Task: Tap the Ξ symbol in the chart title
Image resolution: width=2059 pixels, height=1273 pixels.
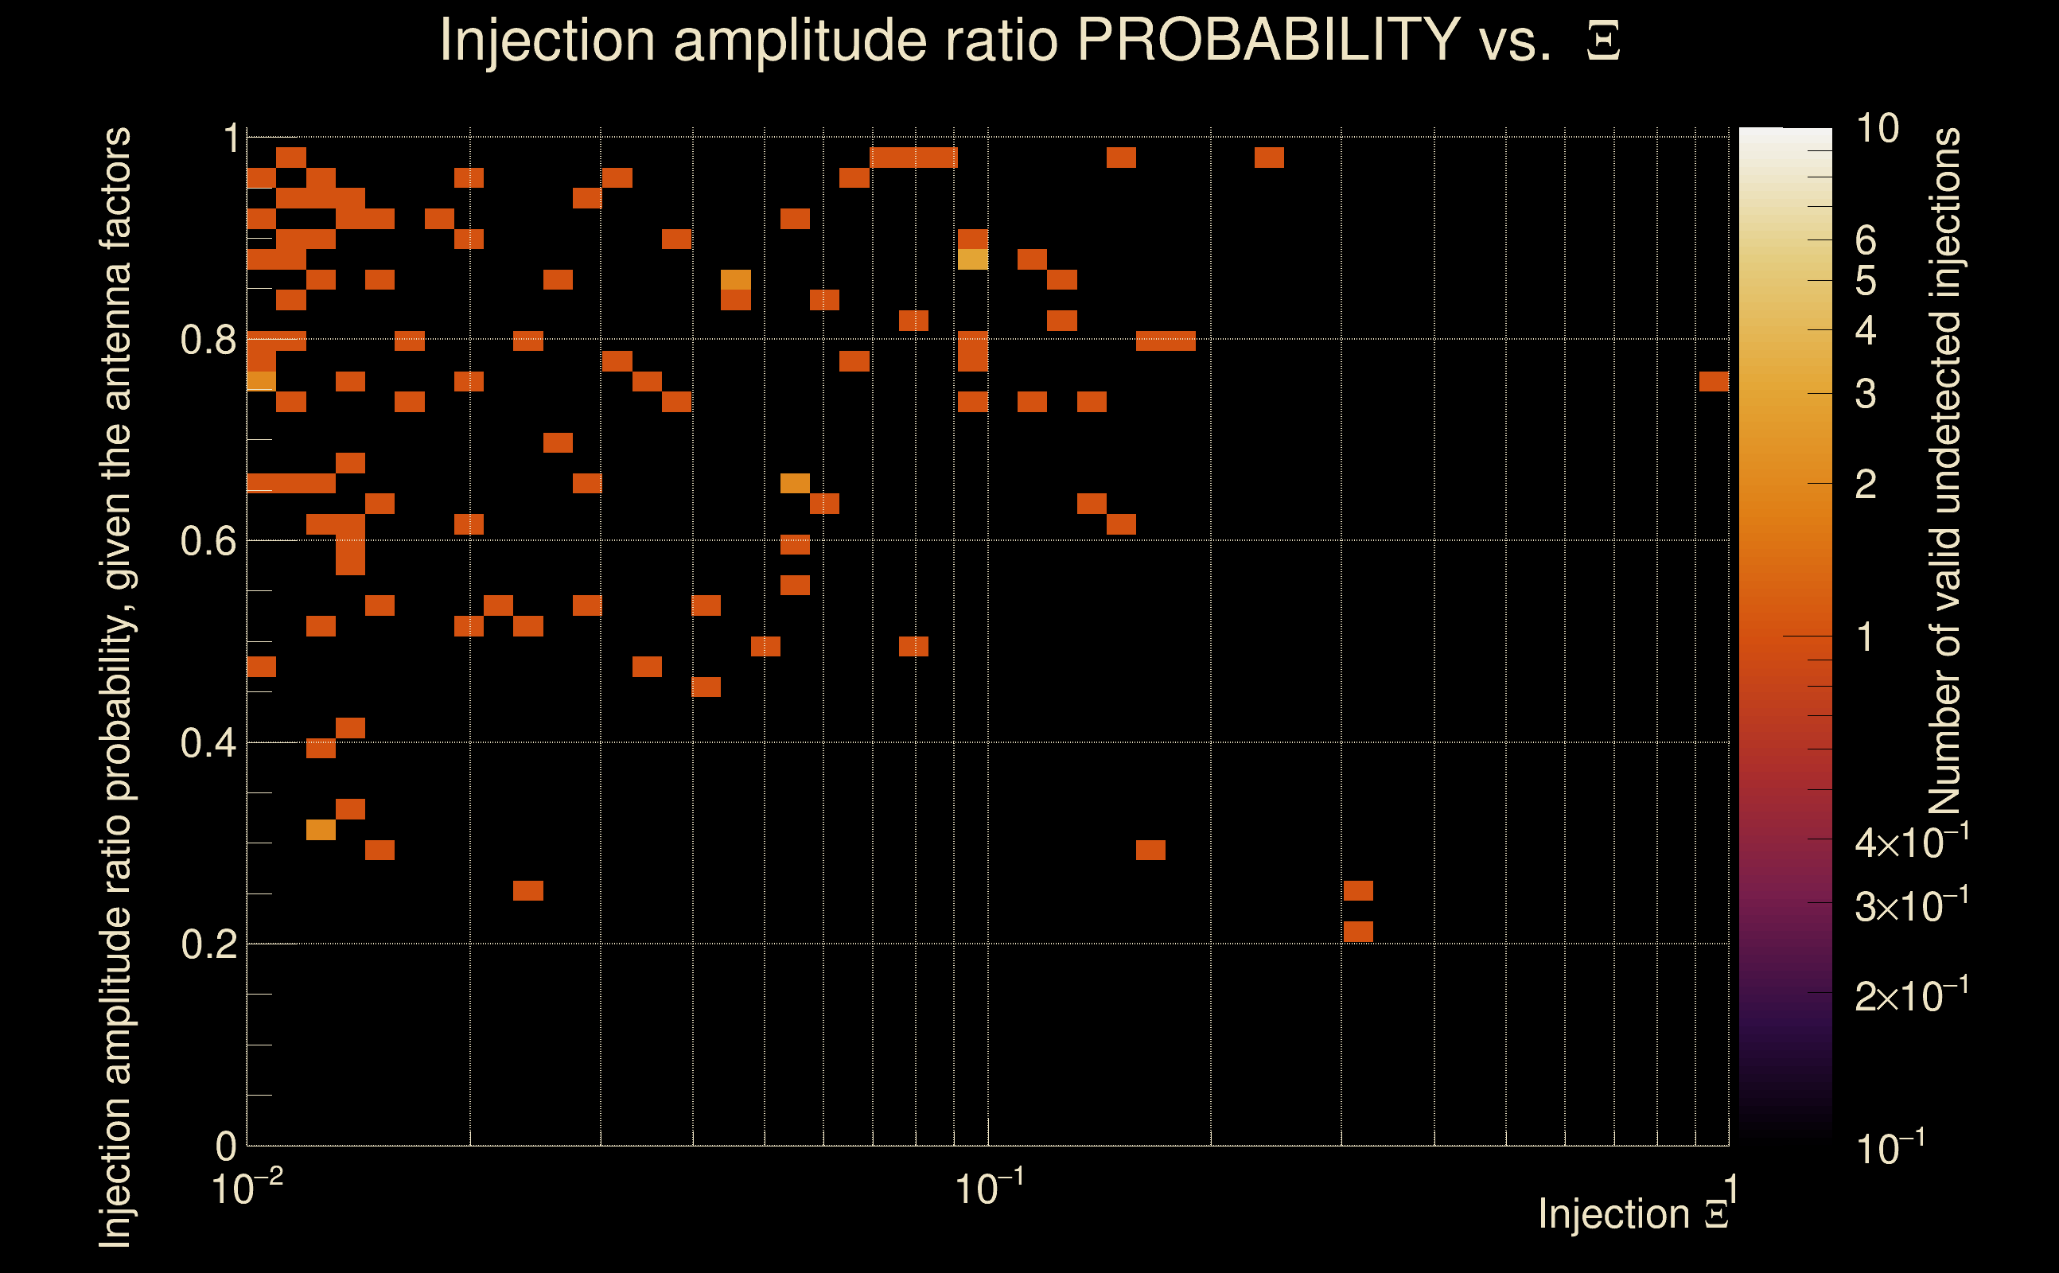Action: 1603,41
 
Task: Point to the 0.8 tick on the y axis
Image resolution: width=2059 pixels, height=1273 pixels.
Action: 208,341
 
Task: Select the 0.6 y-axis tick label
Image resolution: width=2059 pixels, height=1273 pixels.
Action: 208,541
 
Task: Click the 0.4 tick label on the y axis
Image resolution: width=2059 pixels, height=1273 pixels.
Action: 208,743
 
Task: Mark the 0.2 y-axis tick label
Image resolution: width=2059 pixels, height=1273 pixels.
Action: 208,944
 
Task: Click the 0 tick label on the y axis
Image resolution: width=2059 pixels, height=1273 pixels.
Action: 226,1146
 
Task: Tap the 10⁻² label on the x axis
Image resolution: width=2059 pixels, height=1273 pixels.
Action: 246,1189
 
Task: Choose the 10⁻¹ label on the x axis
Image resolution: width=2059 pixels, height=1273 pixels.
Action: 988,1189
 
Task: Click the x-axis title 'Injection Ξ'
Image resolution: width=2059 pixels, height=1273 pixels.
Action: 1633,1214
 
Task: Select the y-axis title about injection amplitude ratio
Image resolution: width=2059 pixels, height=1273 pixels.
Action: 115,686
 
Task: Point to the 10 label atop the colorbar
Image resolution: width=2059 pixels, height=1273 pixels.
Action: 1876,129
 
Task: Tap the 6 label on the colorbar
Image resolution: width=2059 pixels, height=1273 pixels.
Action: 1866,241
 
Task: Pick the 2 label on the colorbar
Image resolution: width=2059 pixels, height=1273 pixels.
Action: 1866,484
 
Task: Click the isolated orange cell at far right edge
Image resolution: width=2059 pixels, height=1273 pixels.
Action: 1714,381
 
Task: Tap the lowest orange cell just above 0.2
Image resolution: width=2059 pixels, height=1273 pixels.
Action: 1358,931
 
